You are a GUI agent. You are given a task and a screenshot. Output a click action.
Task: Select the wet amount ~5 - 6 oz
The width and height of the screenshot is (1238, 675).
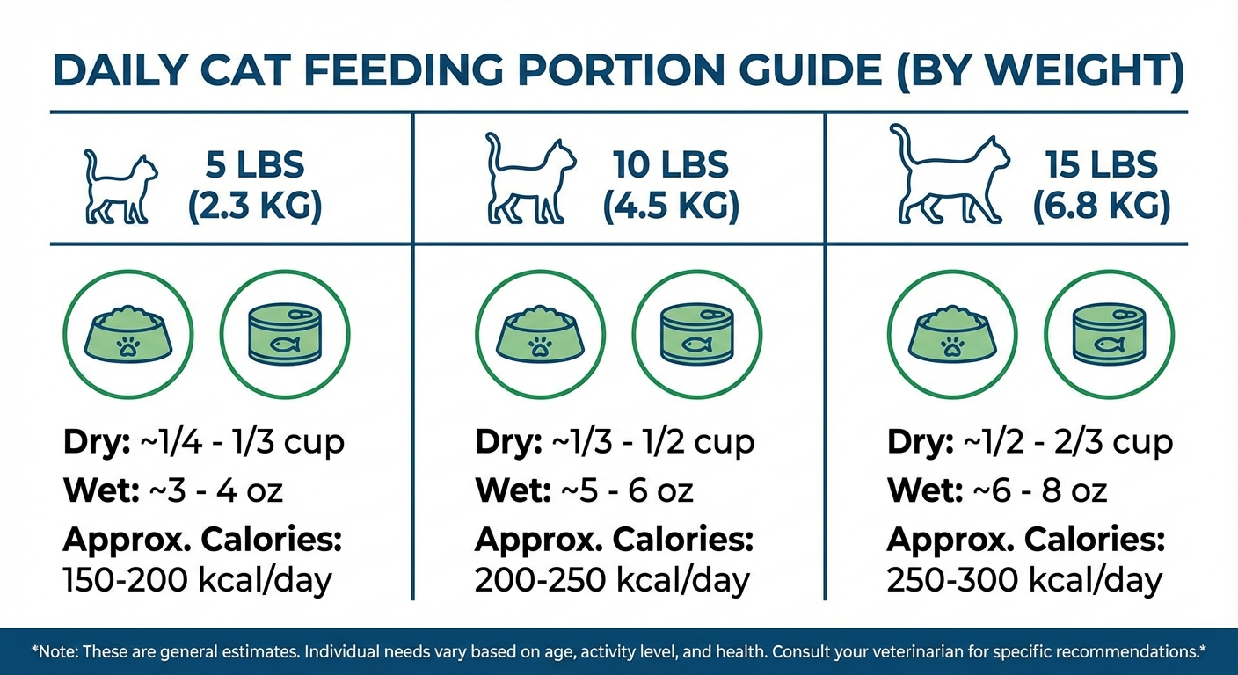coord(627,490)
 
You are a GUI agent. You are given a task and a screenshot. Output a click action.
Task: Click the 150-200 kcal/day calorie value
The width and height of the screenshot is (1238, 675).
coord(197,580)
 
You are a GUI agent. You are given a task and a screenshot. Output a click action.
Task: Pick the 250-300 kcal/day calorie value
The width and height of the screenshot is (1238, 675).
coord(1024,580)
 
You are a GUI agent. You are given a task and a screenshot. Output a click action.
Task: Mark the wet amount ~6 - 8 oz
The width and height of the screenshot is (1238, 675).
coord(1040,490)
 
